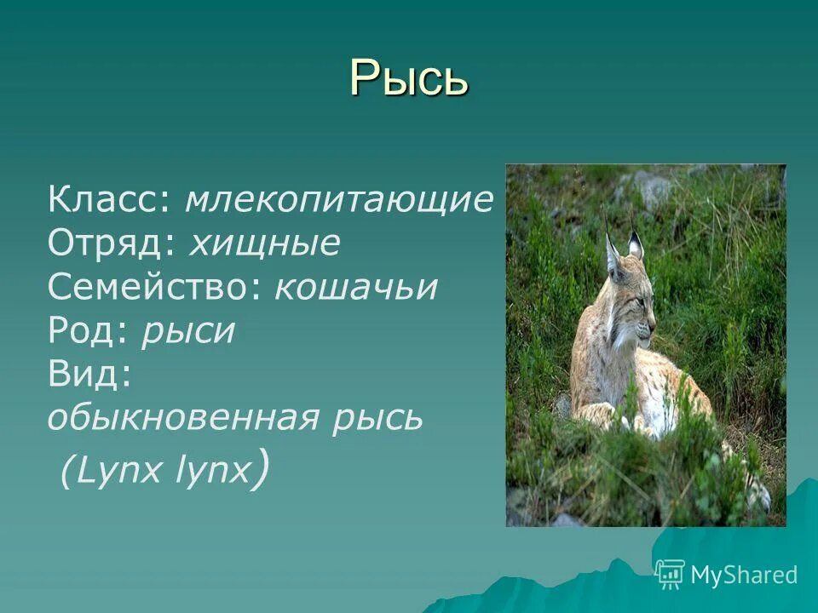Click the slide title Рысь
point(409,77)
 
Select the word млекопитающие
point(339,201)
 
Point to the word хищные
point(264,244)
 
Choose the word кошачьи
point(356,289)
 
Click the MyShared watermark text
point(744,575)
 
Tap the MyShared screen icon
point(670,575)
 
